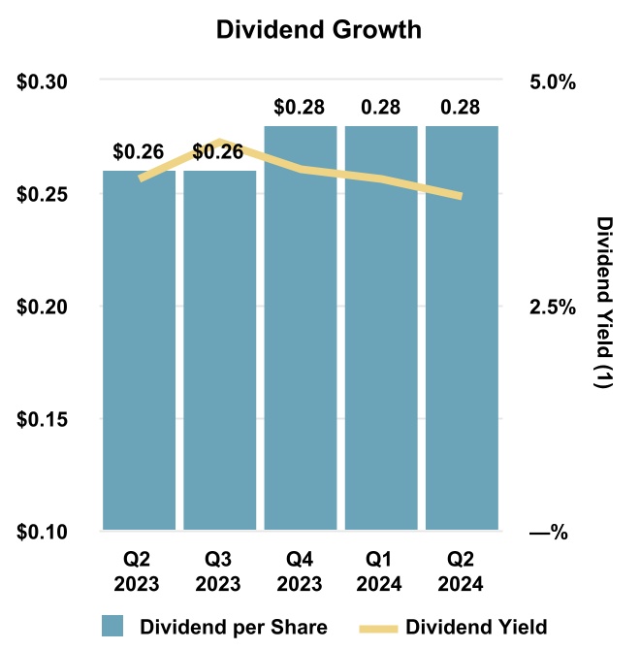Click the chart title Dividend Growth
(319, 30)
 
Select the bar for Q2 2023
(140, 349)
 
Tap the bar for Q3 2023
(220, 349)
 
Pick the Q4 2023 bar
(300, 330)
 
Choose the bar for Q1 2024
(380, 330)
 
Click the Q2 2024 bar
(462, 330)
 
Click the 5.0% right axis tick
(552, 81)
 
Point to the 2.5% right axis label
(552, 307)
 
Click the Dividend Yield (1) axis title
(604, 303)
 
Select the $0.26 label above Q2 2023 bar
(138, 151)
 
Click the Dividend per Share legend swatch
(112, 626)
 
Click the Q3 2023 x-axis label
(220, 572)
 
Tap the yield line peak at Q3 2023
(220, 143)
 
